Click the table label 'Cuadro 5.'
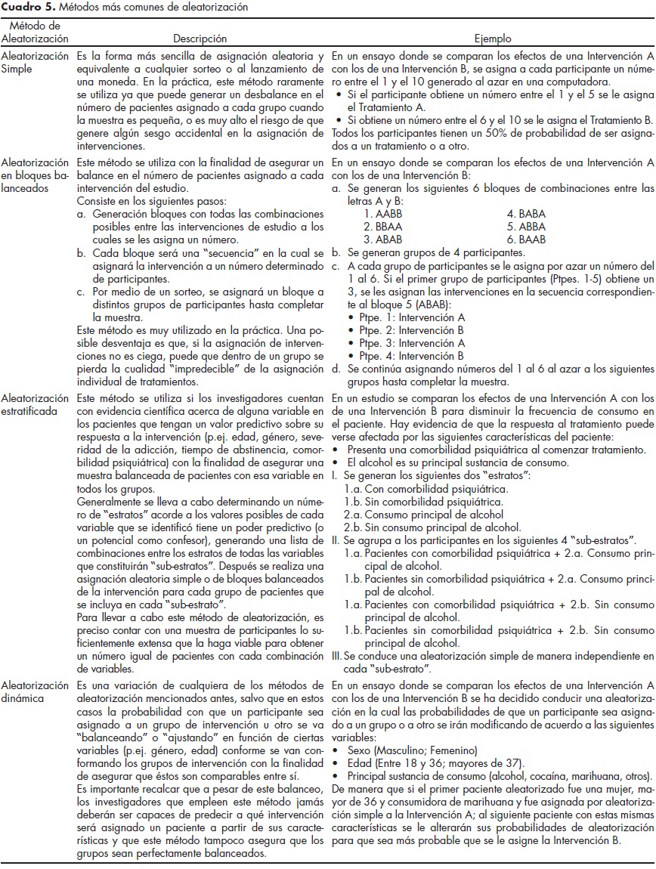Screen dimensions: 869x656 pyautogui.click(x=23, y=6)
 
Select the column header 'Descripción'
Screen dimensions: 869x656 pyautogui.click(x=200, y=38)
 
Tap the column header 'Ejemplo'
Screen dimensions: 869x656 pyautogui.click(x=492, y=38)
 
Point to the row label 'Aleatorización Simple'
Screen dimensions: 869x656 pyautogui.click(x=34, y=63)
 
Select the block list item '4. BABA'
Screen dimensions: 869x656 pyautogui.click(x=526, y=214)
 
